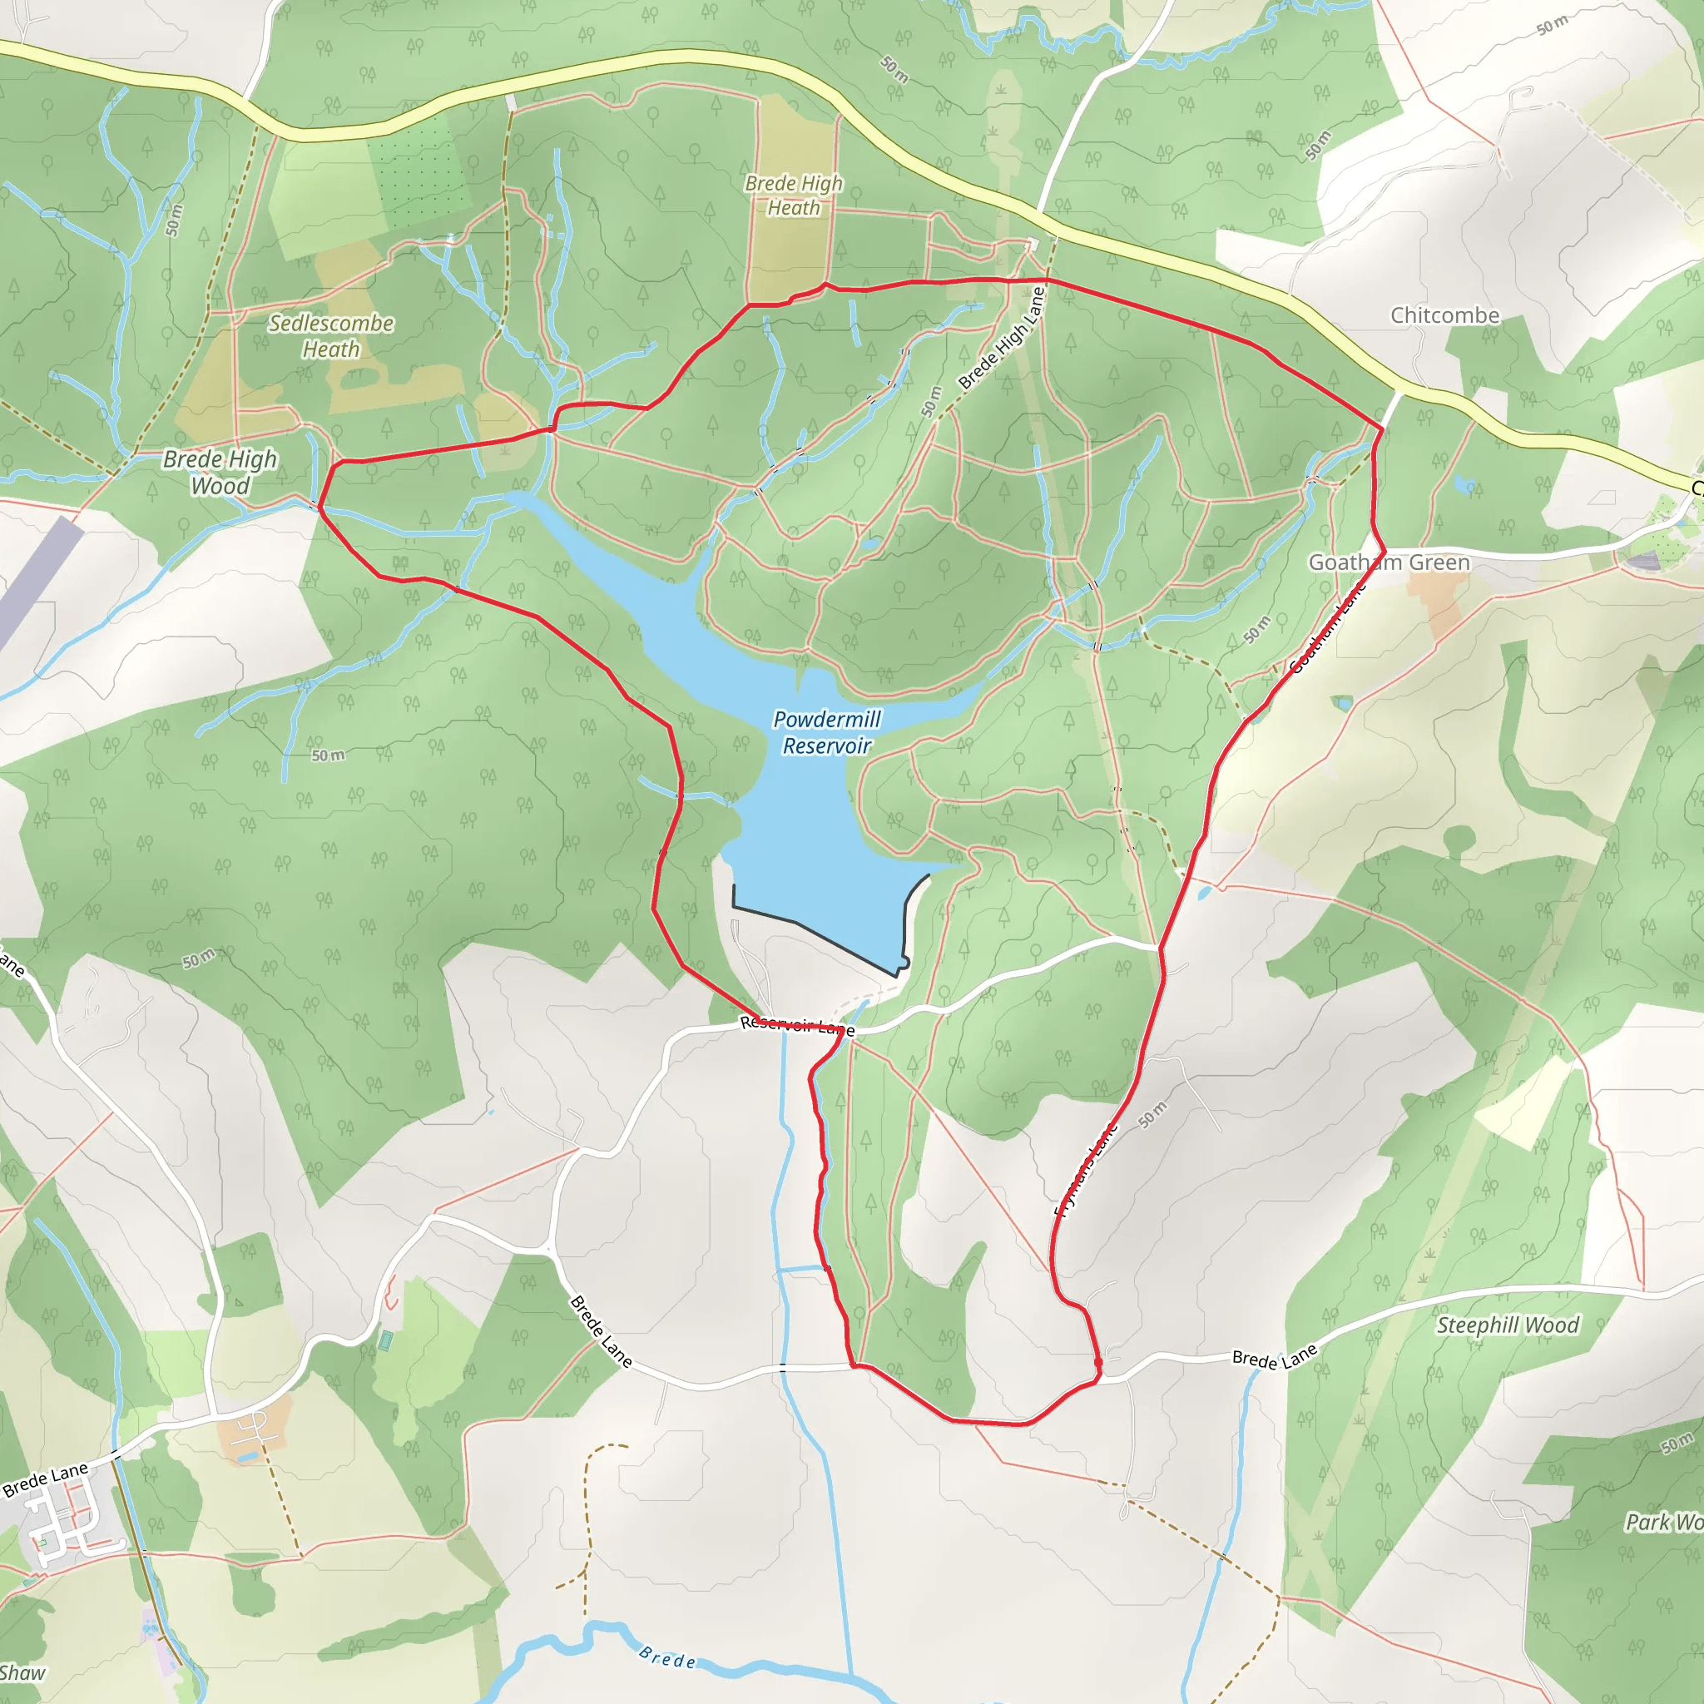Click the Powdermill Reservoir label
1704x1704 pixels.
(826, 732)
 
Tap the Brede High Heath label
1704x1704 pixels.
(794, 195)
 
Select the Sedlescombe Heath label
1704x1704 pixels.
(331, 336)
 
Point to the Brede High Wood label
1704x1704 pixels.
(220, 472)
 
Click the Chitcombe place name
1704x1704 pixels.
(1444, 315)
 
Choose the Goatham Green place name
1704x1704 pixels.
(1389, 562)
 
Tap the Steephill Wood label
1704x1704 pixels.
(1508, 1325)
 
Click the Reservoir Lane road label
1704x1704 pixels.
(796, 1025)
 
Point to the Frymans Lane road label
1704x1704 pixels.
(1087, 1169)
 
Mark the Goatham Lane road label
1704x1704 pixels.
(1326, 627)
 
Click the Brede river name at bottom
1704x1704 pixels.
(667, 1659)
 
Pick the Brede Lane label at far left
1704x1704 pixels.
(46, 1479)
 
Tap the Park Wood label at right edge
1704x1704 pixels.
(1663, 1522)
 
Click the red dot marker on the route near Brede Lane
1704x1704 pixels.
(1098, 1364)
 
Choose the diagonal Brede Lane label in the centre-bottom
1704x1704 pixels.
(601, 1331)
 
